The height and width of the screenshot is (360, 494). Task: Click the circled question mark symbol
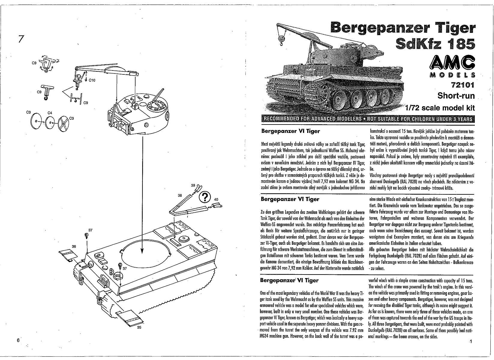[205, 197]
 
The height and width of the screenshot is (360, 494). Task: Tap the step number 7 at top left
[20, 39]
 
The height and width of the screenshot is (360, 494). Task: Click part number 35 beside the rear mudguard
[139, 327]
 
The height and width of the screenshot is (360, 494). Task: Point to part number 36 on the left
[74, 246]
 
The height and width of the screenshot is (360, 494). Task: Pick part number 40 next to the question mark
[216, 199]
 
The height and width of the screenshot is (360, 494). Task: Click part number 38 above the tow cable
[180, 195]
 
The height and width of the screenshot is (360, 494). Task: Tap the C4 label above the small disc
[50, 113]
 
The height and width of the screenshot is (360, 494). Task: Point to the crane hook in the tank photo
[281, 40]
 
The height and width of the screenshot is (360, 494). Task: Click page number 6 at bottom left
[18, 340]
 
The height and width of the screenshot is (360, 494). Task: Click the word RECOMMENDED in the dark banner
[282, 118]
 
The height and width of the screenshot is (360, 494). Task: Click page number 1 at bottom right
[471, 342]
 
